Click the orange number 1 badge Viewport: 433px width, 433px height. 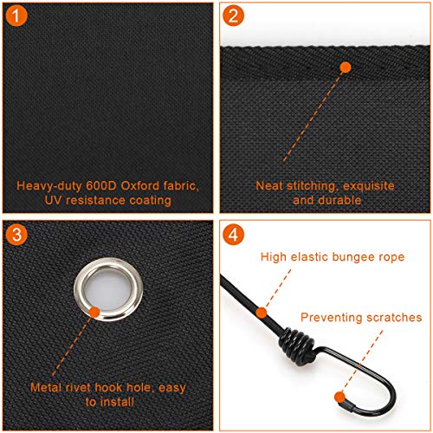point(16,16)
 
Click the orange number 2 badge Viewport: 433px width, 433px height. point(233,16)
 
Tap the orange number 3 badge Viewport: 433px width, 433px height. point(16,235)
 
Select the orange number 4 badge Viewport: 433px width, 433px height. point(233,235)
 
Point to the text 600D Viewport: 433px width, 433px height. point(101,186)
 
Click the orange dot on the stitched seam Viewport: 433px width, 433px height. point(346,68)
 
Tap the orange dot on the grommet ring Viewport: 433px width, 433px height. point(94,313)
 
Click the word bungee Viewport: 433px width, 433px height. point(352,257)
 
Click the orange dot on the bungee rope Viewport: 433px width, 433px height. point(262,313)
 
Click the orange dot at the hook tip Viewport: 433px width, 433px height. point(340,397)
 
